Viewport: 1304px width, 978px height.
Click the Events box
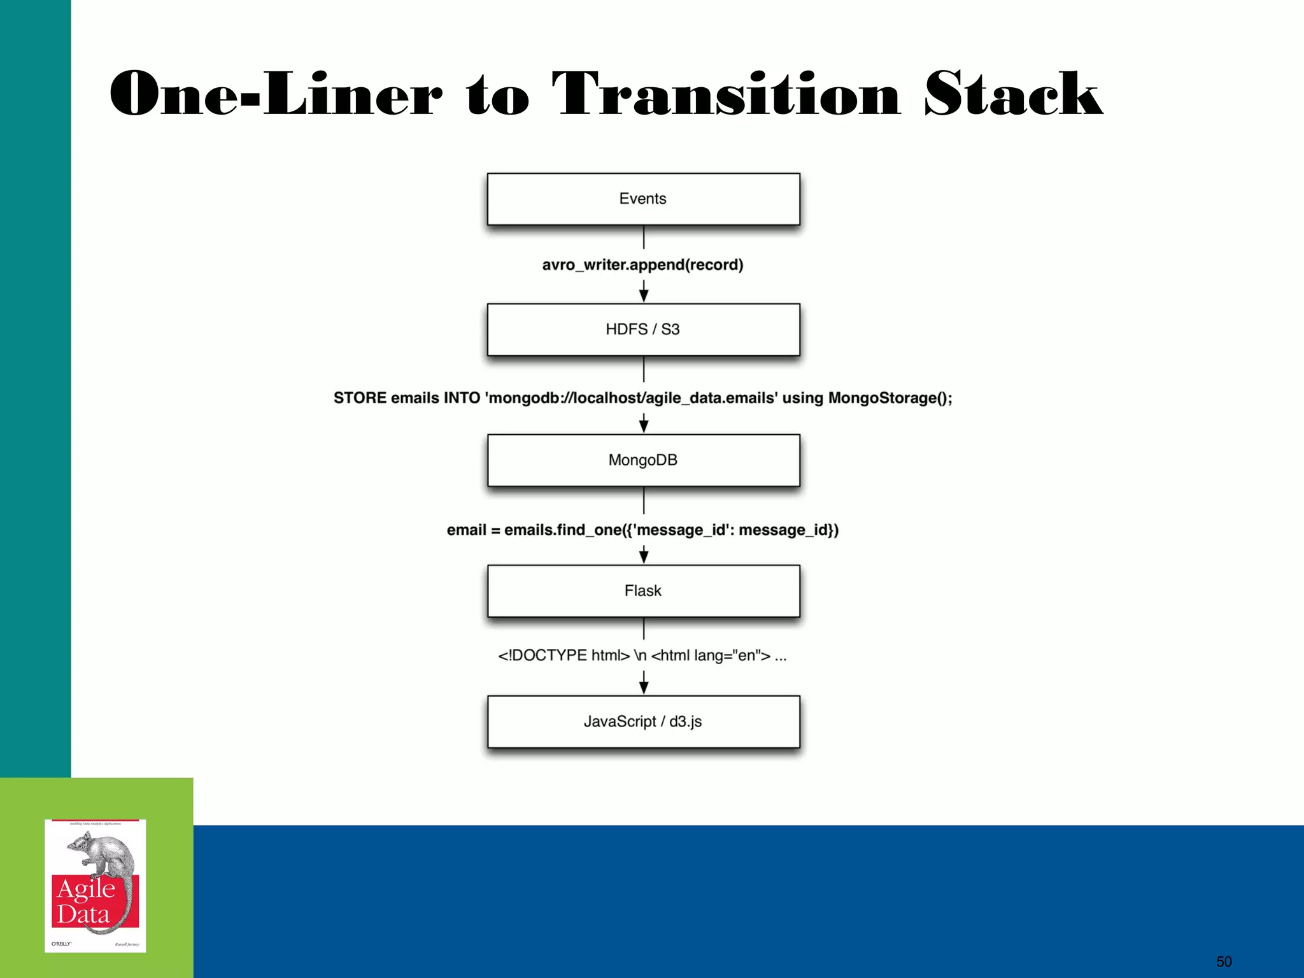coord(643,199)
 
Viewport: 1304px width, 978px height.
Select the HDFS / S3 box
coord(643,329)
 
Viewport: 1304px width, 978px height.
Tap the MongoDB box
coord(643,460)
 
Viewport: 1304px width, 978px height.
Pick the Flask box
coord(643,591)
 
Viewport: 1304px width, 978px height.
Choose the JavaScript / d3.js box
coord(643,721)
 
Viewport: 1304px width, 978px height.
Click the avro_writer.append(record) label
coord(642,265)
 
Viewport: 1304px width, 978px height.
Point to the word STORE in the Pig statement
coord(360,398)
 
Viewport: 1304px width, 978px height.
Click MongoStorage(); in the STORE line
coord(889,398)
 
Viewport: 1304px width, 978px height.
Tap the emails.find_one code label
coord(642,530)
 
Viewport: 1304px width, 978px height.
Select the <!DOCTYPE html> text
coord(563,655)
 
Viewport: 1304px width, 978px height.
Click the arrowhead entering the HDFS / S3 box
coord(644,295)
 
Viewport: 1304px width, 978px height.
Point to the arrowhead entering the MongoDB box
coord(644,426)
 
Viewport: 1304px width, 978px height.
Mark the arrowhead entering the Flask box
coord(644,556)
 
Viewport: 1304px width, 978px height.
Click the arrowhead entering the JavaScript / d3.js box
coord(644,687)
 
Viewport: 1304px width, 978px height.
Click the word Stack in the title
coord(1013,94)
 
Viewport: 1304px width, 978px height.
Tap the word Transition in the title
coord(726,94)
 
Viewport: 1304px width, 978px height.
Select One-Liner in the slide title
coord(276,94)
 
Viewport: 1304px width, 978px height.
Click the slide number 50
coord(1224,961)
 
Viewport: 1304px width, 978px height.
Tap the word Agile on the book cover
coord(86,889)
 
